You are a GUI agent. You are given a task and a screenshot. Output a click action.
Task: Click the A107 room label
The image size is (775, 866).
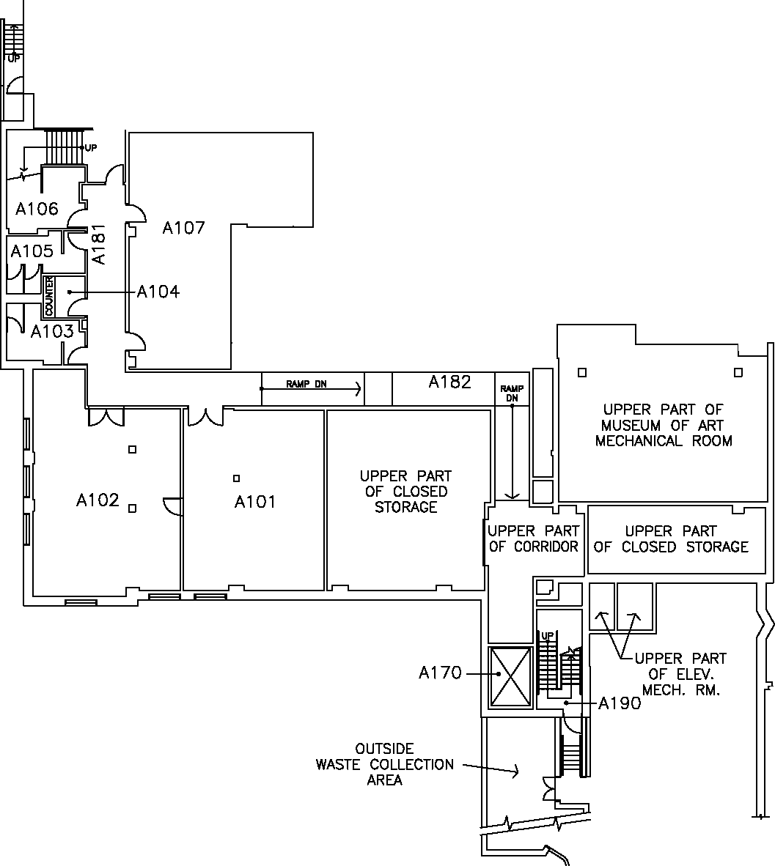pyautogui.click(x=183, y=228)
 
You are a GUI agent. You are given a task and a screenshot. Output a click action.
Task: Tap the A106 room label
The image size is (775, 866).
pyautogui.click(x=37, y=209)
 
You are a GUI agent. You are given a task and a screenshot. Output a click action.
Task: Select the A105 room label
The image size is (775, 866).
pyautogui.click(x=32, y=251)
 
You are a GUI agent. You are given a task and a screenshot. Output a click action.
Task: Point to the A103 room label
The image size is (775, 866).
pyautogui.click(x=52, y=331)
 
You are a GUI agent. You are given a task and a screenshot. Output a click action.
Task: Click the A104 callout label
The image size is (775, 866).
pyautogui.click(x=158, y=292)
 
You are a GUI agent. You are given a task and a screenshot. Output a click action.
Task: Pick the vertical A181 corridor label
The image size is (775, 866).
pyautogui.click(x=99, y=246)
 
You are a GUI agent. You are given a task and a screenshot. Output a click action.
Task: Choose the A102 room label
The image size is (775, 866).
pyautogui.click(x=98, y=500)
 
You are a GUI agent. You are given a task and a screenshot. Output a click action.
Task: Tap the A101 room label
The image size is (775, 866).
pyautogui.click(x=255, y=502)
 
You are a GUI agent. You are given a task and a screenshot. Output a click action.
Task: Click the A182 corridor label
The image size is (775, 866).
pyautogui.click(x=450, y=382)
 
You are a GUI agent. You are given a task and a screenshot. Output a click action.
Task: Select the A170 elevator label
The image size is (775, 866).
pyautogui.click(x=440, y=673)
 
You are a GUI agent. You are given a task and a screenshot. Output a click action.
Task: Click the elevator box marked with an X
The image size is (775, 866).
pyautogui.click(x=510, y=676)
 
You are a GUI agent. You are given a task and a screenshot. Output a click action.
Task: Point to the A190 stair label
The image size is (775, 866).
pyautogui.click(x=620, y=704)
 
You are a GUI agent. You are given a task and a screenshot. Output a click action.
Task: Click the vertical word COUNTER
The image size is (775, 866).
pyautogui.click(x=49, y=296)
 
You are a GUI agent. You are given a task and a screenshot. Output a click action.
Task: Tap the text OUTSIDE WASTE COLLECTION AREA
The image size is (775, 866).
pyautogui.click(x=385, y=764)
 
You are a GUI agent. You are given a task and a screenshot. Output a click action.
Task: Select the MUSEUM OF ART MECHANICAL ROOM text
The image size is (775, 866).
pyautogui.click(x=664, y=425)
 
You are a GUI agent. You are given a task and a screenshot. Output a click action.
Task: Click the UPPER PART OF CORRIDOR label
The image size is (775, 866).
pyautogui.click(x=534, y=539)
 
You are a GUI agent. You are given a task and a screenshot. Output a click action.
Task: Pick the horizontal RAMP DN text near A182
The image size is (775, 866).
pyautogui.click(x=306, y=384)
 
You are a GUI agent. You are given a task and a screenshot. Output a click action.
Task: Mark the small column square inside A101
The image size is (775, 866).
pyautogui.click(x=236, y=478)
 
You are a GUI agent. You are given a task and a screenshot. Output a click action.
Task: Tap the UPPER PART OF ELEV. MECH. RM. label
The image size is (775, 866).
pyautogui.click(x=680, y=674)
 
